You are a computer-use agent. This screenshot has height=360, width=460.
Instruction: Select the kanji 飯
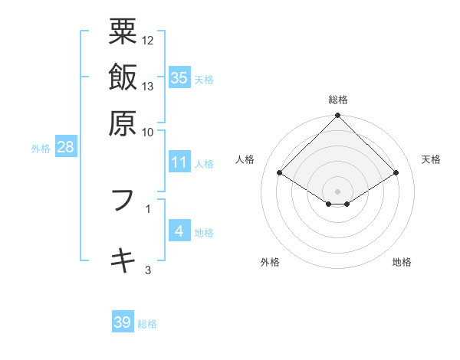[x=123, y=77]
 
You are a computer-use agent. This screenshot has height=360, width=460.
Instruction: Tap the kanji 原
[x=123, y=121]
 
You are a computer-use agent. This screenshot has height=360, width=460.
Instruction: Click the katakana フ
[x=123, y=201]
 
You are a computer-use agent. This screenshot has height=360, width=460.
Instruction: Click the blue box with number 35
[x=179, y=78]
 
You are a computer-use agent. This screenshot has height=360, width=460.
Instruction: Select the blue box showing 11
[x=179, y=162]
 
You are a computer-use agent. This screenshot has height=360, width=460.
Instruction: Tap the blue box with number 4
[x=179, y=231]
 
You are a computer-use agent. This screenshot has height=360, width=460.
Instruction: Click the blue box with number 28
[x=65, y=148]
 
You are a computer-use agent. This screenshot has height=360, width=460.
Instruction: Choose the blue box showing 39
[x=123, y=322]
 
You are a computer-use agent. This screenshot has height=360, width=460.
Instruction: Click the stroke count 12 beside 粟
[x=148, y=40]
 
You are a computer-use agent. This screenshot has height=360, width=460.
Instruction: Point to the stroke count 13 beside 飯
[x=148, y=86]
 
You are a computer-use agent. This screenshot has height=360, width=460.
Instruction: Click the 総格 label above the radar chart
[x=338, y=100]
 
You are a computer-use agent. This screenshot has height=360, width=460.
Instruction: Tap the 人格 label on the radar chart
[x=245, y=159]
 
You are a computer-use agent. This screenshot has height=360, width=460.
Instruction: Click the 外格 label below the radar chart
[x=270, y=263]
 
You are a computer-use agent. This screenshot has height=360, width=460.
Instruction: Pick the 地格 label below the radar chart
[x=402, y=263]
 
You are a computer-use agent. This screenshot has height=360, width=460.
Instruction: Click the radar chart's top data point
[x=338, y=116]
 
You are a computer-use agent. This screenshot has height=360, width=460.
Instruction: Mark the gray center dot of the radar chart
[x=338, y=191]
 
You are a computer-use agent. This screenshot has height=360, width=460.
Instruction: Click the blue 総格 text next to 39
[x=147, y=324]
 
